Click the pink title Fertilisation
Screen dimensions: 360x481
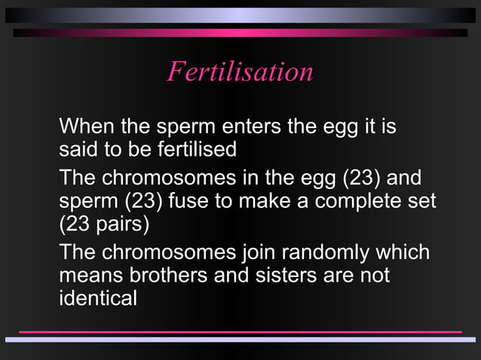tap(240, 72)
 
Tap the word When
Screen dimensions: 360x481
tap(84, 125)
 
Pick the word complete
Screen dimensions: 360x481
tap(355, 203)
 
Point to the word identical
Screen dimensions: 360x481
tap(98, 298)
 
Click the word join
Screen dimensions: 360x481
tap(258, 252)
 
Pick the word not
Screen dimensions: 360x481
tap(372, 275)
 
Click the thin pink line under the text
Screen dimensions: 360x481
tap(240, 331)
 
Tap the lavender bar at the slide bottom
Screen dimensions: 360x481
tap(240, 340)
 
